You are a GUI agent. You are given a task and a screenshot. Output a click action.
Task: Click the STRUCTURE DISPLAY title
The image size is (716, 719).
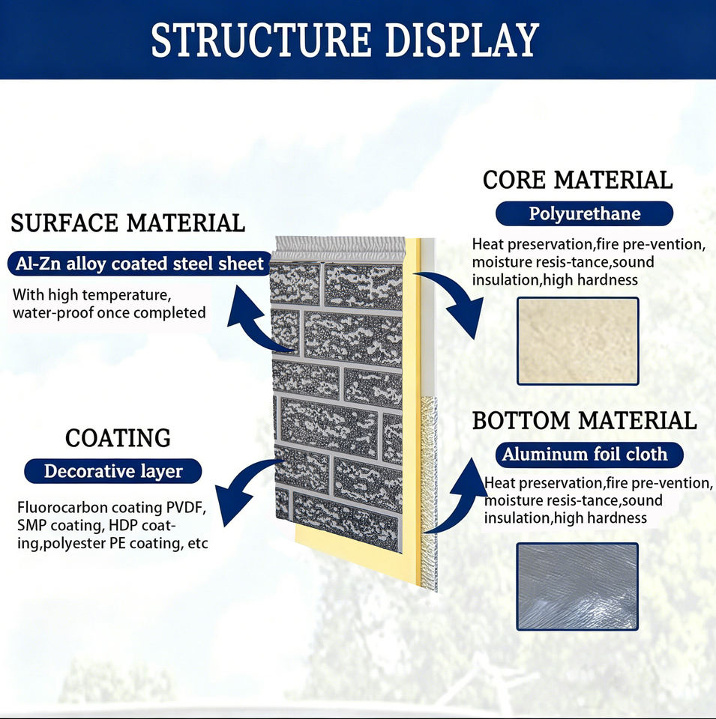click(345, 40)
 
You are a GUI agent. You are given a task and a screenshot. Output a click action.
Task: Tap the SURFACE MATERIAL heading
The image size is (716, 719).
click(127, 223)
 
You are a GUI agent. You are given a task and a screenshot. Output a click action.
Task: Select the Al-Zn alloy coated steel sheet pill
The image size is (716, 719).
click(139, 264)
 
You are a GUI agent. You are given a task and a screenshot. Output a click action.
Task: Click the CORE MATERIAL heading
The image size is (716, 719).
click(577, 180)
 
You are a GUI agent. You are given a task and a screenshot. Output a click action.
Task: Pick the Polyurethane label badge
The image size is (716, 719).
click(584, 213)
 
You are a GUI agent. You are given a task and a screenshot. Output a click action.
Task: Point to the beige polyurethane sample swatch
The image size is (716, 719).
click(577, 341)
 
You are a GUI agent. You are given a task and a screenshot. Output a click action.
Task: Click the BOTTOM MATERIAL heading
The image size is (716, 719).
click(584, 421)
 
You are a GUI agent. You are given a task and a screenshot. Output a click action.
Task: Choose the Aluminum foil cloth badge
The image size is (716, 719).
click(589, 455)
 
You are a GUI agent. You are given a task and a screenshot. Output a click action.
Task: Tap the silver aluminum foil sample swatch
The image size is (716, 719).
click(577, 586)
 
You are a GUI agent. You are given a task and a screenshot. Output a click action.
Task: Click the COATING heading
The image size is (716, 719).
click(118, 438)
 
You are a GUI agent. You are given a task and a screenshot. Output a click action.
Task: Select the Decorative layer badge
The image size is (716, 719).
click(113, 471)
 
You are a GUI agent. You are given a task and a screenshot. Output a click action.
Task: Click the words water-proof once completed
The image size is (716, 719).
click(109, 313)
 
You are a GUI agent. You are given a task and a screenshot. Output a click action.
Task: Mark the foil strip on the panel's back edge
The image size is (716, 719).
click(429, 493)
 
